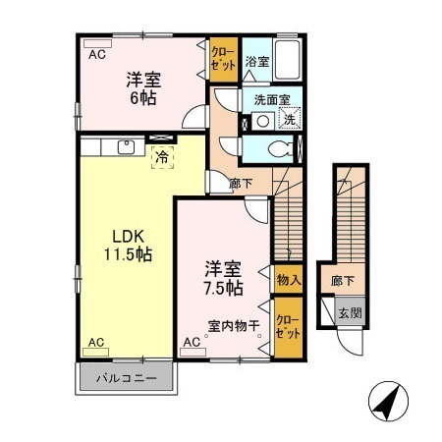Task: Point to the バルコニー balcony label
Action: tap(126, 377)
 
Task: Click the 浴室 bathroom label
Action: tap(257, 61)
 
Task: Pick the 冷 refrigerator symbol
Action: tap(160, 156)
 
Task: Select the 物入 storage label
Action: tap(288, 280)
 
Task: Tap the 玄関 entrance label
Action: tap(350, 313)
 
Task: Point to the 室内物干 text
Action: tap(233, 325)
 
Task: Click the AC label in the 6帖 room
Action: tap(97, 55)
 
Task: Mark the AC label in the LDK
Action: tap(95, 342)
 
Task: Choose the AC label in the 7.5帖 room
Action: tap(192, 342)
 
